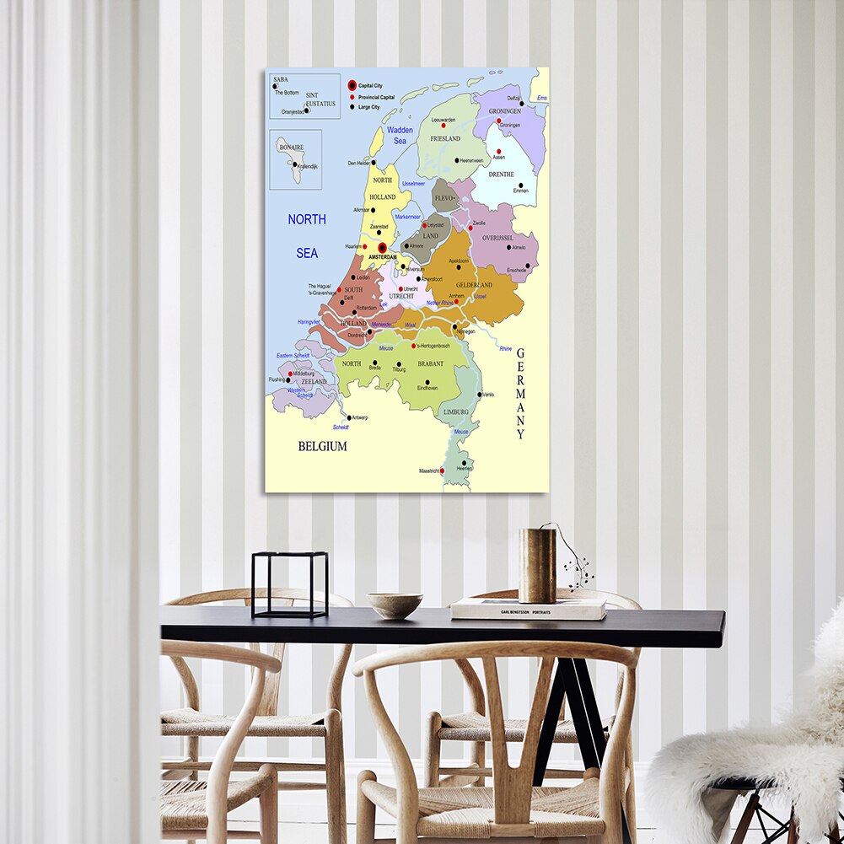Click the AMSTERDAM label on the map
383,256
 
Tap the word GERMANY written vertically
521,394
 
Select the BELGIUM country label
322,446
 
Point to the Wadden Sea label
400,135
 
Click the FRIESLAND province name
445,138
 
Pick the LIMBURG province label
455,411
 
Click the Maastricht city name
429,471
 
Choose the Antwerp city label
359,417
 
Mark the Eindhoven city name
427,389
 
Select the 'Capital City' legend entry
370,86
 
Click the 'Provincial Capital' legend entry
375,97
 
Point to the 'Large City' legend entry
369,107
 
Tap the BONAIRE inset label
290,147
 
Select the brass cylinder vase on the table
537,565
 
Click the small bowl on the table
395,605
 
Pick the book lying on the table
528,609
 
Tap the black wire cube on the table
290,584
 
